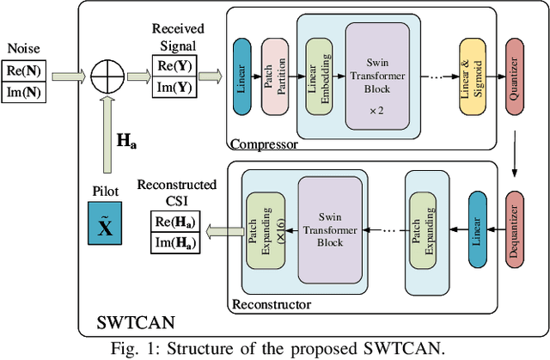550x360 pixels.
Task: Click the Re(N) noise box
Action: (23, 70)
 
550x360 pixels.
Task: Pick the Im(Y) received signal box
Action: (175, 86)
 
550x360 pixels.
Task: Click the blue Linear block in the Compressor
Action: (243, 77)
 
